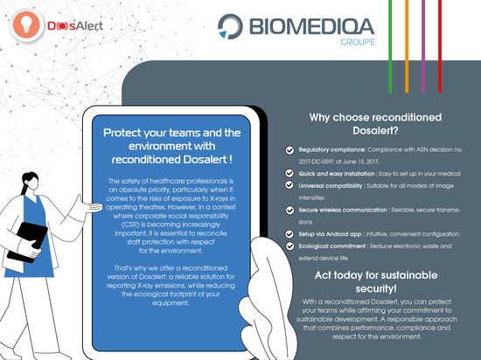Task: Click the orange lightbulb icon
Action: [x=26, y=25]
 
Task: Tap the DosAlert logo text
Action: [x=75, y=26]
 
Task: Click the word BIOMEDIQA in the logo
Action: [x=311, y=27]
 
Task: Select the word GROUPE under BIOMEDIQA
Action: [x=358, y=42]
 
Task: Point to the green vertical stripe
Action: [x=390, y=46]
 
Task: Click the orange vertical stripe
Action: [x=407, y=46]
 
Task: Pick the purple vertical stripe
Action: [x=423, y=46]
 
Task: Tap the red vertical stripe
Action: [x=440, y=46]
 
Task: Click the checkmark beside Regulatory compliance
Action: [x=289, y=150]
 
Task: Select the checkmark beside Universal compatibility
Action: [x=289, y=185]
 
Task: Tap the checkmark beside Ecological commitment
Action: [x=289, y=246]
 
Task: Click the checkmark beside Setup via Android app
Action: [x=289, y=234]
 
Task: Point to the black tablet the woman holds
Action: [x=28, y=242]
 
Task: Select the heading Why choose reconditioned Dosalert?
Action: [x=375, y=124]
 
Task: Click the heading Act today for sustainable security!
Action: [x=376, y=281]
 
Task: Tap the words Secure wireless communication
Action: [x=343, y=210]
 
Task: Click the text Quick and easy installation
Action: [x=337, y=174]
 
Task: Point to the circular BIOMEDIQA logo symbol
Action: [x=230, y=26]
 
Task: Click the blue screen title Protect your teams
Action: [x=171, y=146]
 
